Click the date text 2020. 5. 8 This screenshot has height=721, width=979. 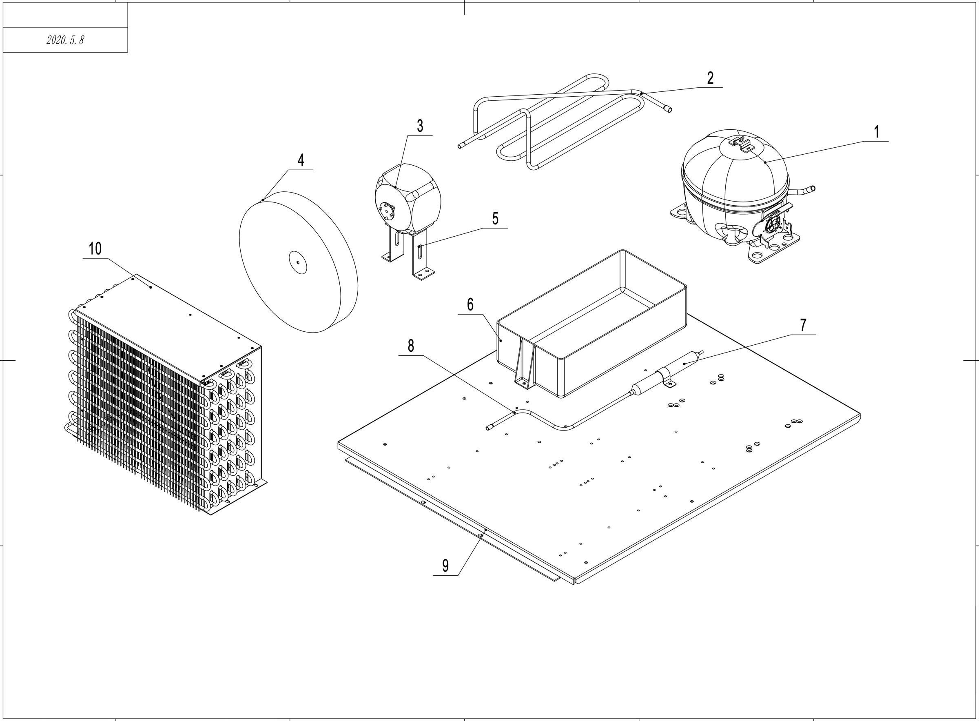[x=65, y=40]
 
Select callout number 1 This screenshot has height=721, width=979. [x=876, y=132]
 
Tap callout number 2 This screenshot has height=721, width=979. [x=710, y=78]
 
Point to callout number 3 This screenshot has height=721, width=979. [x=420, y=126]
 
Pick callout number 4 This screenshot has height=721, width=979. [x=301, y=160]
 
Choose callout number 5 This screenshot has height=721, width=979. [x=495, y=219]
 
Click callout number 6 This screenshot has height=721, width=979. [x=470, y=305]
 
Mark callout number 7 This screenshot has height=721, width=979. [x=803, y=325]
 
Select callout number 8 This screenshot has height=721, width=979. [x=410, y=346]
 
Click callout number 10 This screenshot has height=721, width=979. [x=95, y=249]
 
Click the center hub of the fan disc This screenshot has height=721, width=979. [x=298, y=262]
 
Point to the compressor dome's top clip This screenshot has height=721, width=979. [x=742, y=143]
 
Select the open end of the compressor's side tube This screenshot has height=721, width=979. [x=812, y=189]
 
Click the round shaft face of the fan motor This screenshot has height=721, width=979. [x=386, y=211]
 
